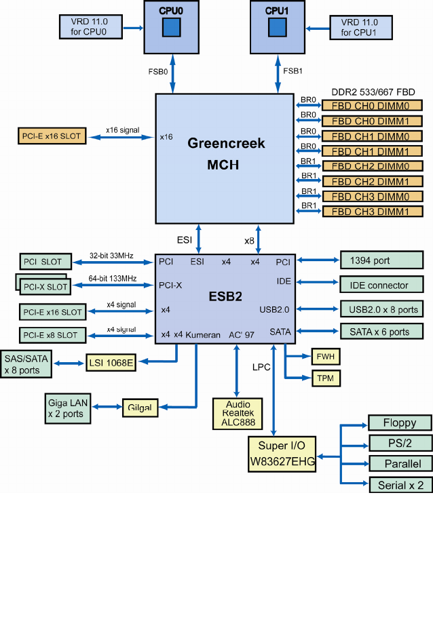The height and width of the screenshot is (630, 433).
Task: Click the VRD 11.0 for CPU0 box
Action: coord(90,27)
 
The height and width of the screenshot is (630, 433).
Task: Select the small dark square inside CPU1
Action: coord(278,27)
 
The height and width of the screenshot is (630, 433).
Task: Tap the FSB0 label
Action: coord(158,71)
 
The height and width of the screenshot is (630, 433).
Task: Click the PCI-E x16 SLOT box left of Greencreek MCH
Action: coord(52,136)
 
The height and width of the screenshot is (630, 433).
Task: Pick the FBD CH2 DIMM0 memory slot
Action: coord(373,166)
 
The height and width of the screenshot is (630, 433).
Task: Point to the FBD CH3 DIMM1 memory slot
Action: coord(373,212)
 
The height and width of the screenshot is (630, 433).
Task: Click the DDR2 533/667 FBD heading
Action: coord(373,92)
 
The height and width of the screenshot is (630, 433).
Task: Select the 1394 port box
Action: coord(381,260)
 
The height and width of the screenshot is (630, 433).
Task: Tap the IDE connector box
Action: coord(381,284)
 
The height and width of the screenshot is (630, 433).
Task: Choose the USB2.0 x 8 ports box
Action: coord(381,309)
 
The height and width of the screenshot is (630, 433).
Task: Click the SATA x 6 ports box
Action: coord(381,332)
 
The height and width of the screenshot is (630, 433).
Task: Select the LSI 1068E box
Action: coord(111,363)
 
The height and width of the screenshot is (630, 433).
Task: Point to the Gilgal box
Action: coord(140,408)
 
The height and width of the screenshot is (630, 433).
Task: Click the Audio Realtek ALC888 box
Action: coord(238,414)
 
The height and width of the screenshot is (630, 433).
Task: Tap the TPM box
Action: coord(326,378)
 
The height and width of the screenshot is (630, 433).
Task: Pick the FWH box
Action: coord(326,357)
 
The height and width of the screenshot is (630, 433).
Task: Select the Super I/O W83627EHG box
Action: coord(282,454)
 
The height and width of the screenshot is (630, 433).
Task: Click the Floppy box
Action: coord(400,422)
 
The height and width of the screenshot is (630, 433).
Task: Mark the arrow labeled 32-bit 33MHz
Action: coord(113,262)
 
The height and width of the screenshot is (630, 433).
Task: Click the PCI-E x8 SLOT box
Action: coord(52,335)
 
